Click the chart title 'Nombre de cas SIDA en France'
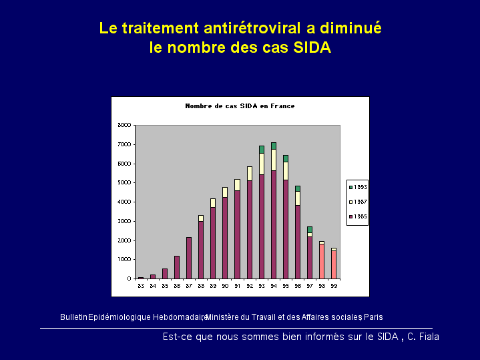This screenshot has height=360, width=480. (240, 106)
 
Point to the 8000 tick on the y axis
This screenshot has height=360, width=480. (125, 125)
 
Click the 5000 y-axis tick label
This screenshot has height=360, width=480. (125, 182)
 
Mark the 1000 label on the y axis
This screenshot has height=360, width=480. (125, 259)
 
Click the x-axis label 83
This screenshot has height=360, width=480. (141, 286)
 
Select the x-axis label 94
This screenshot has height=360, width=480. (273, 286)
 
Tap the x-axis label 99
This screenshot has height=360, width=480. (333, 286)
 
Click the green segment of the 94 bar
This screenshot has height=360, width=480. (273, 146)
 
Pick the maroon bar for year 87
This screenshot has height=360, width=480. (189, 258)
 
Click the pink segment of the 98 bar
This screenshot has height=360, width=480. (321, 261)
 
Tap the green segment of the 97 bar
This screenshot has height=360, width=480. (309, 229)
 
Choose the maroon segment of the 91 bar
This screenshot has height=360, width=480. (237, 234)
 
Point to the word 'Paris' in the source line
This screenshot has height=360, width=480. (373, 317)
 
